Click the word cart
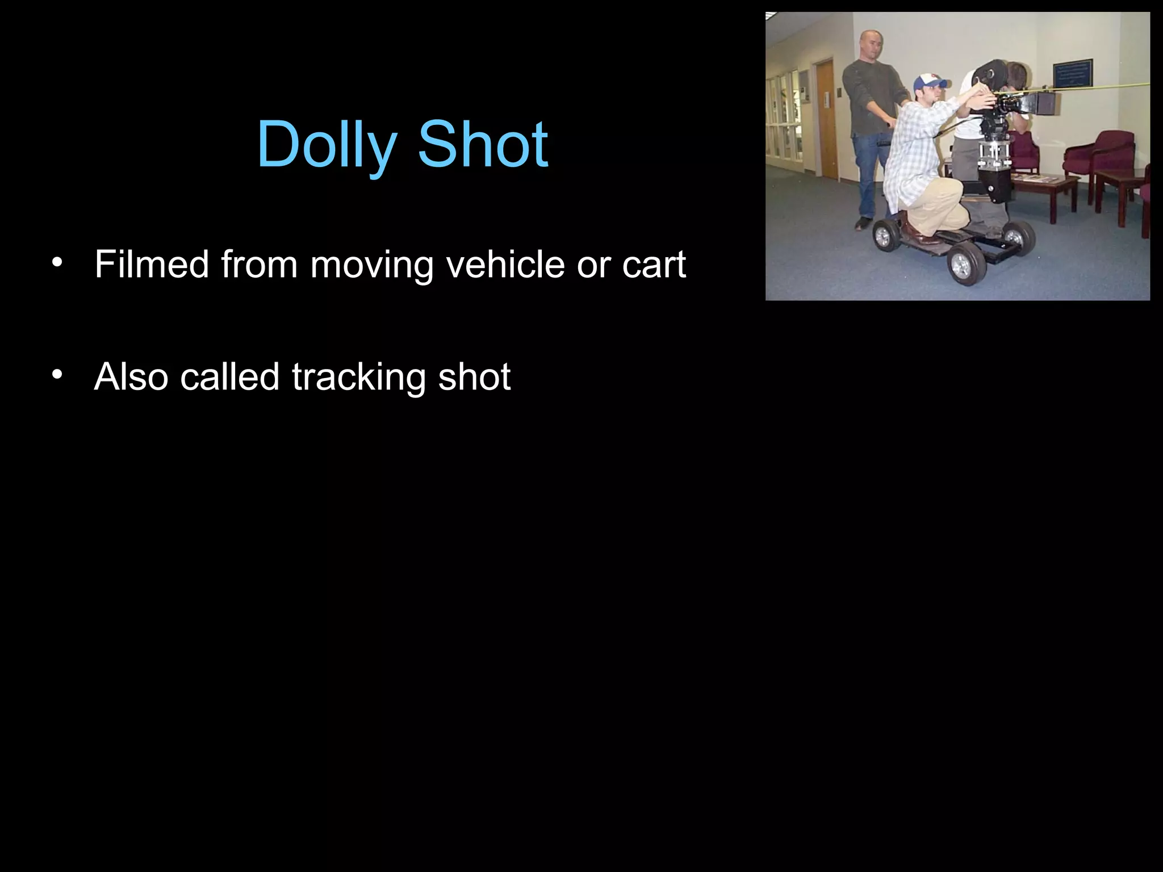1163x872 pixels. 654,265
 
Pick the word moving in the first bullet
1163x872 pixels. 371,265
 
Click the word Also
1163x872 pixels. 130,376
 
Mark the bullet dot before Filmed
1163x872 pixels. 56,262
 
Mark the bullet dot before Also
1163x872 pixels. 56,375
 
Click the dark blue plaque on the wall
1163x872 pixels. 1072,73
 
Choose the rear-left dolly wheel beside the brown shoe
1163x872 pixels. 885,234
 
